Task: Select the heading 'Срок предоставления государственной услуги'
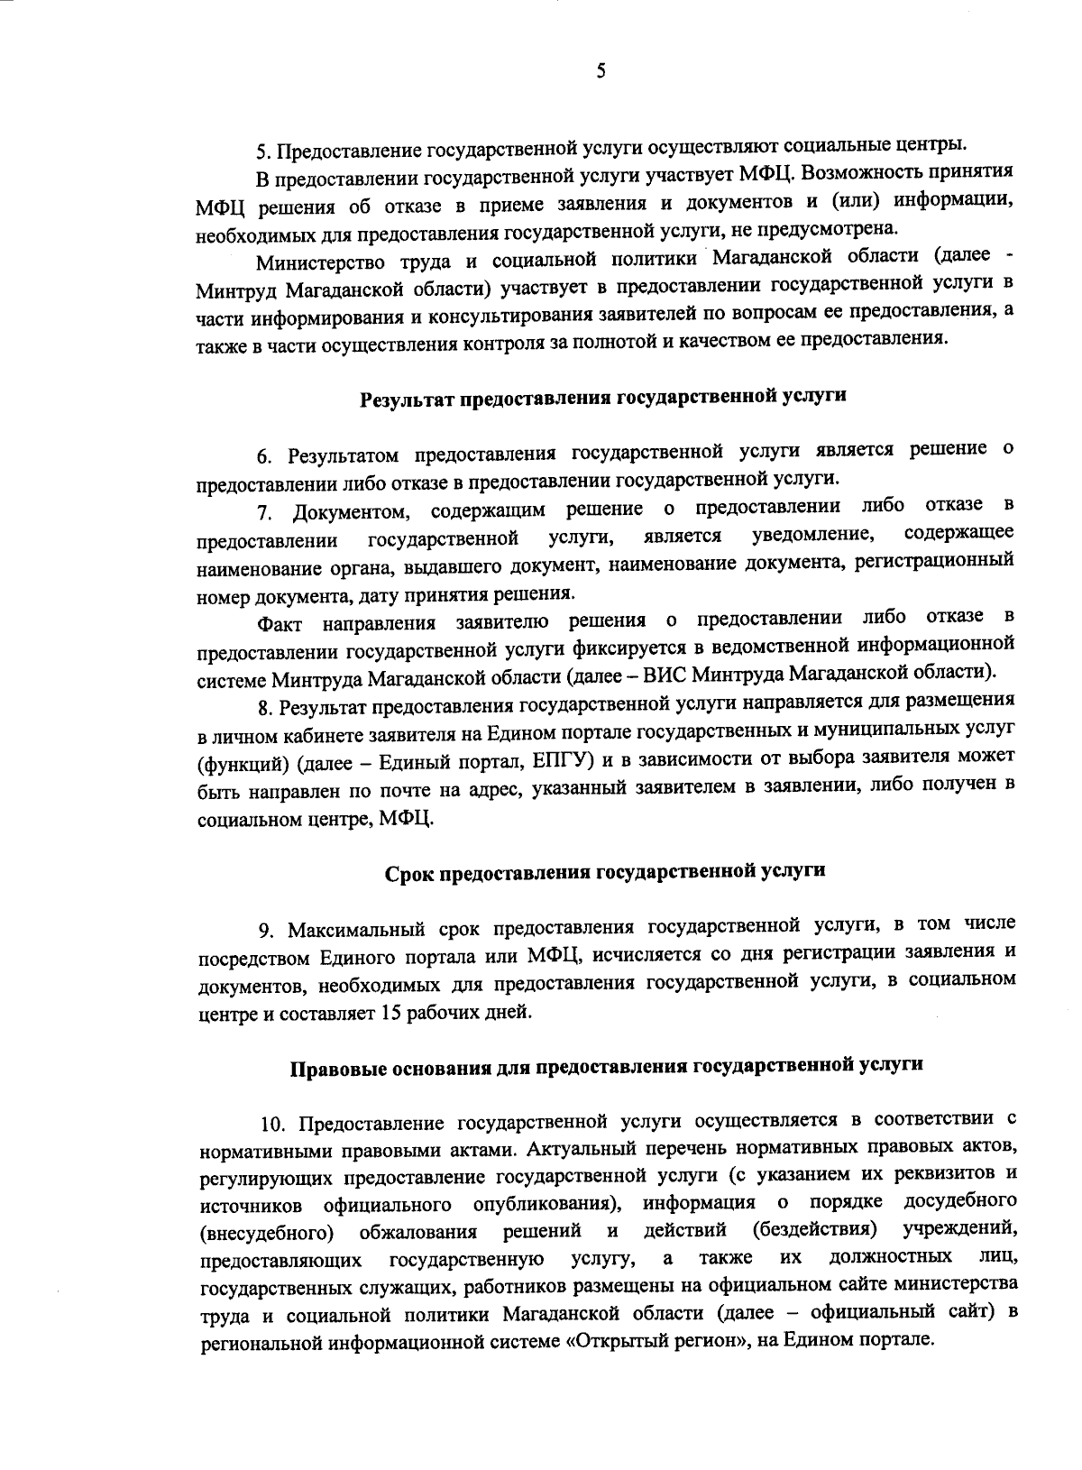click(x=606, y=871)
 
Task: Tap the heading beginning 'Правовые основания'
click(x=606, y=1065)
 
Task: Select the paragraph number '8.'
click(x=264, y=704)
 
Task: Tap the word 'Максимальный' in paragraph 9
click(x=347, y=926)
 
